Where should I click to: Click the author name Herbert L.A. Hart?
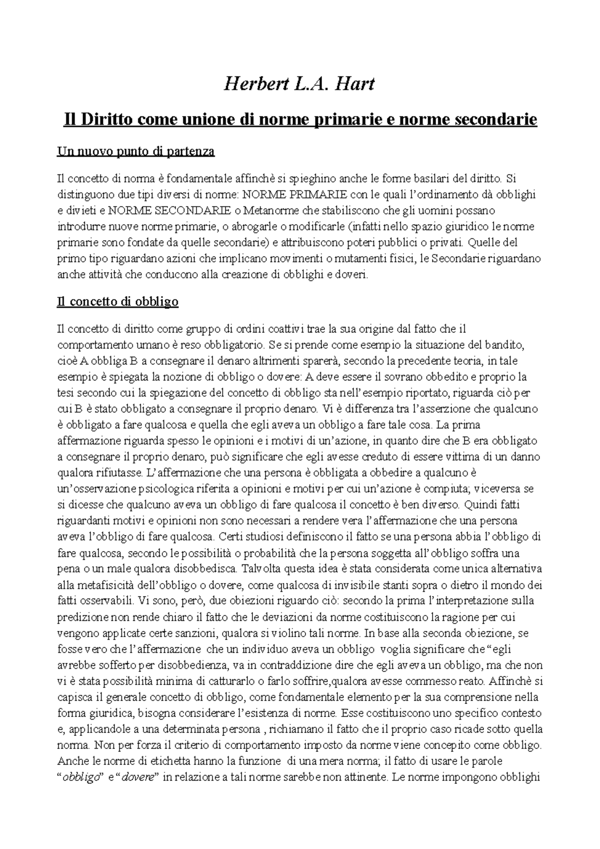point(299,83)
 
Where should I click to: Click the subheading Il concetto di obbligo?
point(118,302)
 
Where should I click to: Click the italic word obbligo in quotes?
point(79,778)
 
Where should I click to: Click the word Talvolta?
point(260,569)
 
